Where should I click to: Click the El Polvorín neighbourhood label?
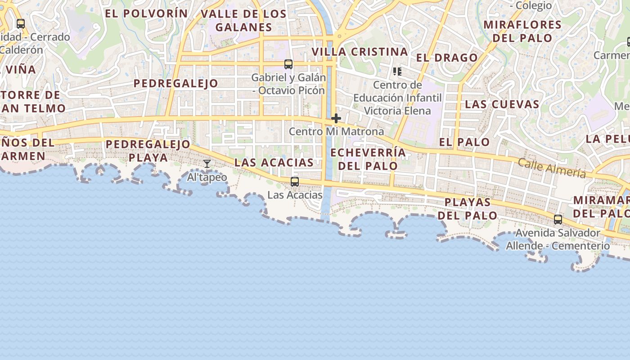[146, 13]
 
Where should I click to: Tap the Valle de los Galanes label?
[243, 20]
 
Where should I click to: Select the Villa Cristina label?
[360, 52]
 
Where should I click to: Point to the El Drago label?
[446, 58]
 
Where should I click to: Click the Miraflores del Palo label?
[522, 31]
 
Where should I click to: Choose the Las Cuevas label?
[502, 104]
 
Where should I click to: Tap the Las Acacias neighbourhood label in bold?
[274, 162]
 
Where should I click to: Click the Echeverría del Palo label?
[368, 159]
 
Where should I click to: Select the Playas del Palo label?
[468, 209]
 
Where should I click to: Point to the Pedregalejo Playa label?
[148, 151]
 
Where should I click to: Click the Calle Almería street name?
[552, 168]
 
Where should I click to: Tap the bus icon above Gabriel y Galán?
[288, 64]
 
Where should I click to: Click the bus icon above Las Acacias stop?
[295, 182]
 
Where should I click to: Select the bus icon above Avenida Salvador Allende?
[558, 220]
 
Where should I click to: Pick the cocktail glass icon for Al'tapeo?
[207, 164]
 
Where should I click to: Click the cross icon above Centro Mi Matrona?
[336, 118]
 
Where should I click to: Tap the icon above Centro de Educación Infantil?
[397, 72]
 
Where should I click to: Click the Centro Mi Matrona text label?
[336, 131]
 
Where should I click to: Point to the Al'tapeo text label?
[207, 177]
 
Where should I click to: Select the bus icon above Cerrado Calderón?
[21, 24]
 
